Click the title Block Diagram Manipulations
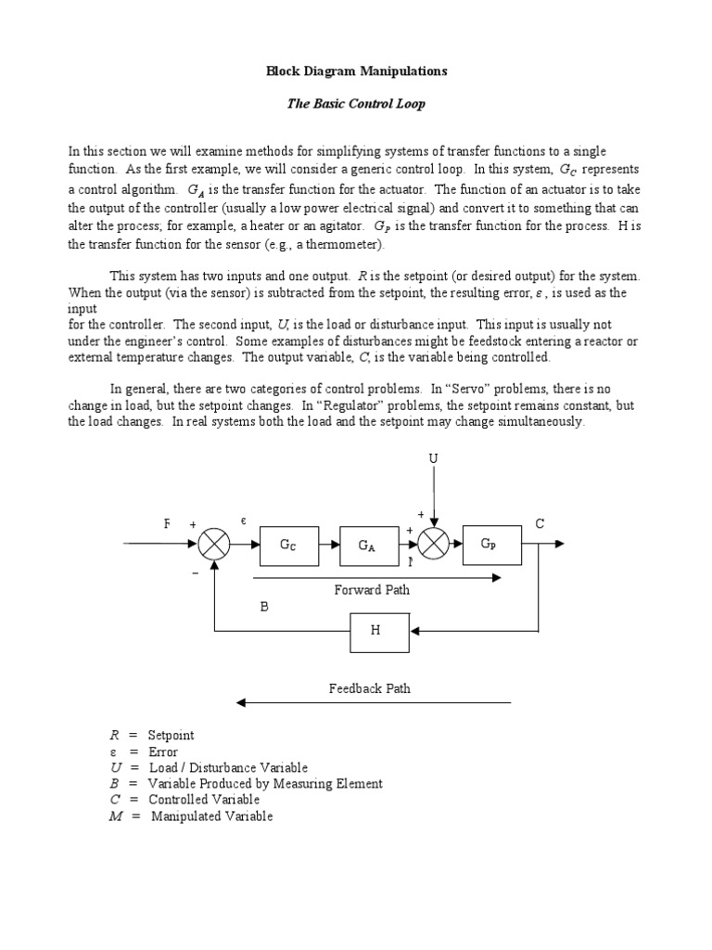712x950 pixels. coord(357,71)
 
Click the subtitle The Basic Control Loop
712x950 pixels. coord(356,104)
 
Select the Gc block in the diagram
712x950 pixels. coord(288,546)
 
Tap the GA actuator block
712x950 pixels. coord(366,546)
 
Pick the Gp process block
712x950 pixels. coord(489,546)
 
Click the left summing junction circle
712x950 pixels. coord(214,546)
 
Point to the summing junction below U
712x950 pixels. coord(433,546)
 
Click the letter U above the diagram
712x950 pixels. coord(432,459)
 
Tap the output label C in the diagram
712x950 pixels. coord(540,524)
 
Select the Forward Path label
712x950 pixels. coord(372,589)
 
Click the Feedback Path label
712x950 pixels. coord(370,688)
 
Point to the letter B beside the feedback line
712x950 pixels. coord(263,608)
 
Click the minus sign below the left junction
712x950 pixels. coord(196,573)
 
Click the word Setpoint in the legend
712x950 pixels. coord(172,736)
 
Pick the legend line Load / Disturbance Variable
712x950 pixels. coord(228,768)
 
